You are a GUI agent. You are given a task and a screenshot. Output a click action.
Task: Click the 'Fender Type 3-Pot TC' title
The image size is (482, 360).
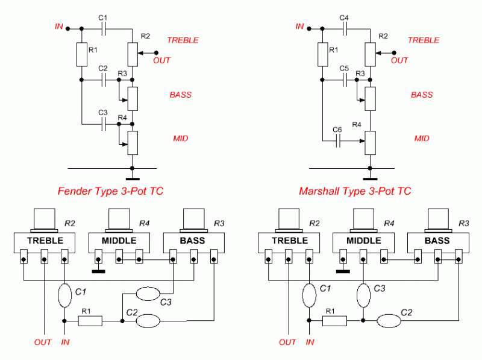coord(110,192)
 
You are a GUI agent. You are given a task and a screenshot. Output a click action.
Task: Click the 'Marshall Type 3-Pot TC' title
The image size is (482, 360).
coord(355,192)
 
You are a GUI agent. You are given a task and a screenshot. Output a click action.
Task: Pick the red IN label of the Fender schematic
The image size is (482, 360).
coord(58,26)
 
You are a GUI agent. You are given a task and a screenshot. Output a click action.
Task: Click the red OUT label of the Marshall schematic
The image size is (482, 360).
coord(400,60)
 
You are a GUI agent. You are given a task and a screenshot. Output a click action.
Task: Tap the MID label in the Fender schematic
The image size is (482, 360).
coord(180,138)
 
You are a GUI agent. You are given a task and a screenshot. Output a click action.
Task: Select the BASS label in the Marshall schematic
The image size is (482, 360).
coord(422,95)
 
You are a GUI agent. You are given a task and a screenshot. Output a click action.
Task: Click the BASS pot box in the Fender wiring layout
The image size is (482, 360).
coord(193,241)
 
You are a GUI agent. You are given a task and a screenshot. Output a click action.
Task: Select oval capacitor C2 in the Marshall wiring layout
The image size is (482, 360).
coord(390,320)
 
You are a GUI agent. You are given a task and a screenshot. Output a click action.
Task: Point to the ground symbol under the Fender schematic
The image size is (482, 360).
coord(133,178)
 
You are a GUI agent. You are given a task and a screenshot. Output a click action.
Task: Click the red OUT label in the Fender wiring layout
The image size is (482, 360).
coord(43,343)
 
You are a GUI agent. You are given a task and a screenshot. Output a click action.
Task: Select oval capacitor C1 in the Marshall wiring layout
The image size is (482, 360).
coord(308,296)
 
